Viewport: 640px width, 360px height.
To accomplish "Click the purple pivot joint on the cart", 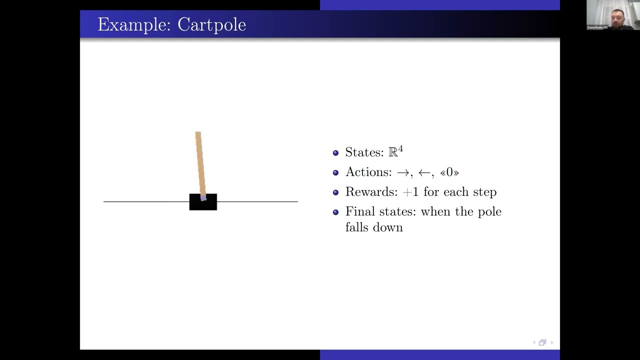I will coord(203,198).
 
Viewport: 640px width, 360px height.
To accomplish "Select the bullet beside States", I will coord(335,152).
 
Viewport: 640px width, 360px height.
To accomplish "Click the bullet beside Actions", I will coord(335,172).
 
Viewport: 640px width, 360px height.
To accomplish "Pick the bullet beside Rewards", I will coord(335,192).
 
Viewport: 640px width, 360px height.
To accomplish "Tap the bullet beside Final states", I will coord(335,212).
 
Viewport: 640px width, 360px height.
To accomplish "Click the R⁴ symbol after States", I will coord(395,151).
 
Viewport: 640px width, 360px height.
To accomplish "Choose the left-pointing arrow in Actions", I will coord(425,172).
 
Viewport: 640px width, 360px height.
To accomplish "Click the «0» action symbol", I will coord(449,172).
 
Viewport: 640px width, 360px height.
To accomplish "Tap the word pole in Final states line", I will coord(489,212).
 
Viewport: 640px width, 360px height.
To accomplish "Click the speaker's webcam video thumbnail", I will coord(613,15).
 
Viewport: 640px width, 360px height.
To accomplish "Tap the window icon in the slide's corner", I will coord(542,342).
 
